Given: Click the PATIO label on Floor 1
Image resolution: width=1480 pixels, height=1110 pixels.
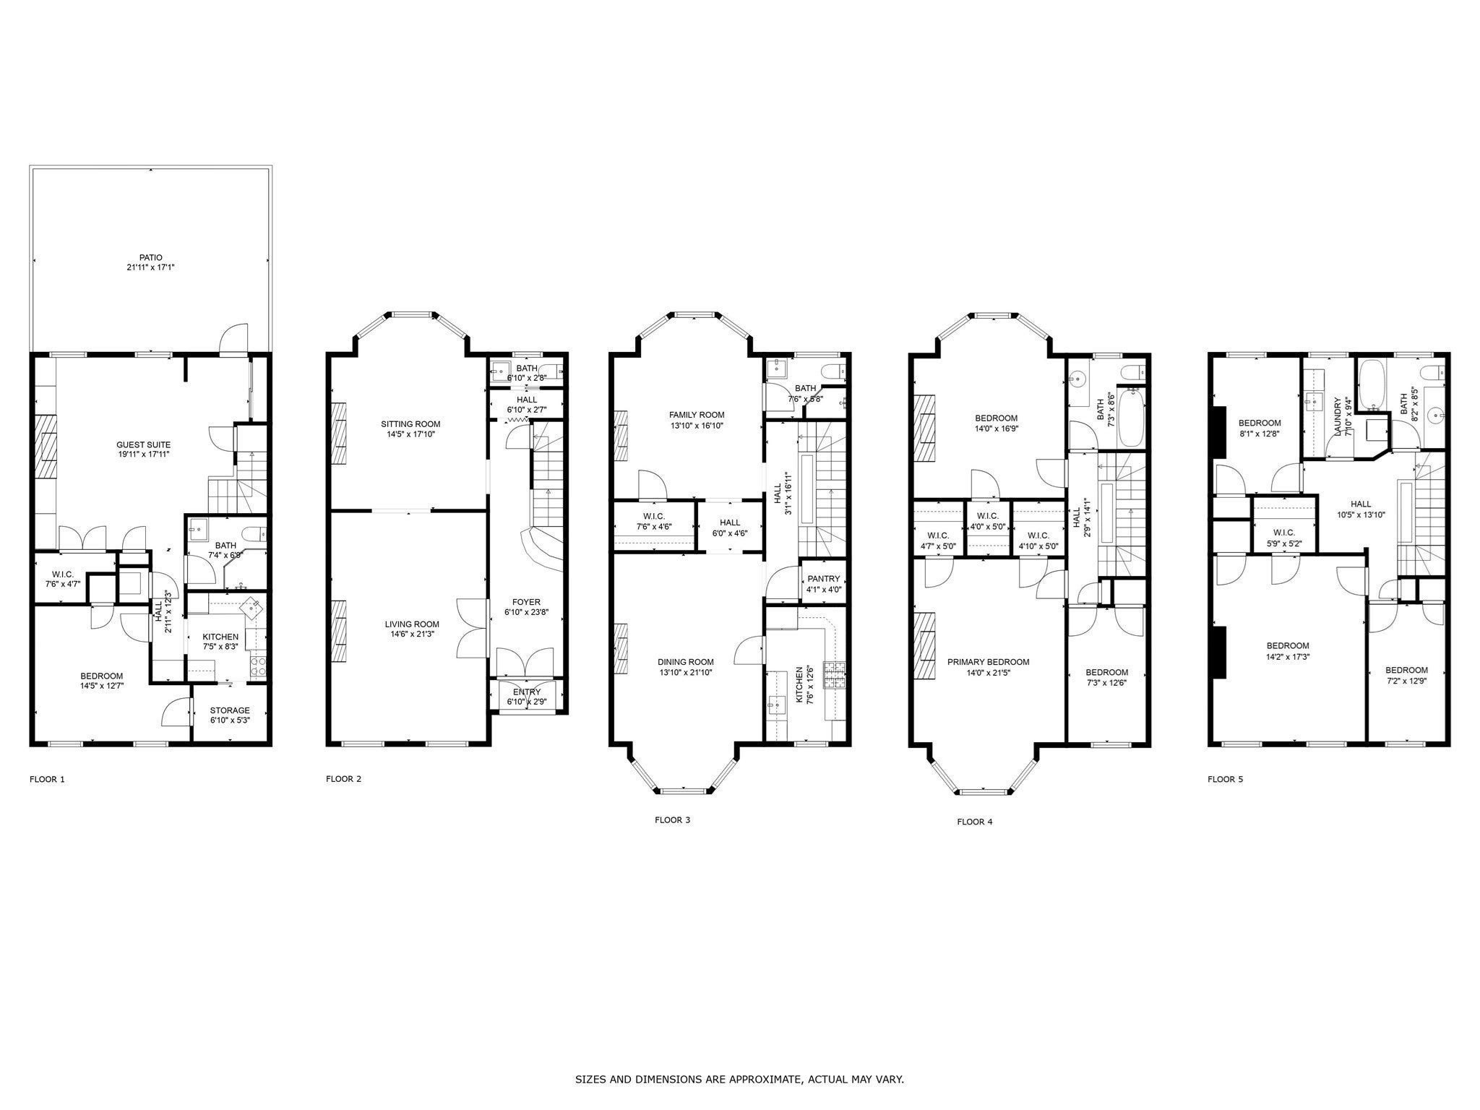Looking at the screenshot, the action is click(150, 257).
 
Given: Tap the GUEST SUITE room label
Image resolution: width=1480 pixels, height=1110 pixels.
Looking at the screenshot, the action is click(144, 444).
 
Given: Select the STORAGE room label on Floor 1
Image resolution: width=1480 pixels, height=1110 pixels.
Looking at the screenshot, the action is click(230, 710).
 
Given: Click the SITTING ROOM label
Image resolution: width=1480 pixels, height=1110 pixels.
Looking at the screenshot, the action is click(410, 424).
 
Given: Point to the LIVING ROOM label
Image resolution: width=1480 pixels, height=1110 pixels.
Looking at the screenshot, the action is click(412, 624).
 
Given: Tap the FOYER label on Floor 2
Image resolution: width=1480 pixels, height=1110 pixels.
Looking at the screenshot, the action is click(526, 602).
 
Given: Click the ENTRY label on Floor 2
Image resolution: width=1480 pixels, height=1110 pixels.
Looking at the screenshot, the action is click(527, 692).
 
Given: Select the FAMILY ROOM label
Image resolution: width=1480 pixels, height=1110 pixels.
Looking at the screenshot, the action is click(697, 415).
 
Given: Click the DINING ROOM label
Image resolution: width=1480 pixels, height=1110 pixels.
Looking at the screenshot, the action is click(686, 662).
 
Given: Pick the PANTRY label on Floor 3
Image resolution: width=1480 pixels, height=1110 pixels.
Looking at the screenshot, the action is click(824, 579).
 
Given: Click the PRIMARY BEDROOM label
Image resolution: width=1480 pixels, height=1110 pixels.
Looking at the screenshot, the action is click(989, 662).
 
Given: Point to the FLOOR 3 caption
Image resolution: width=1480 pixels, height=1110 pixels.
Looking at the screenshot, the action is click(672, 820).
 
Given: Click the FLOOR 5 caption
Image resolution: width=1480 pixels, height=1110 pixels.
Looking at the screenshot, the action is click(1225, 780).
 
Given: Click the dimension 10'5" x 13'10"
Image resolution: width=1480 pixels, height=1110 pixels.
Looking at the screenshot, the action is click(1361, 515).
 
